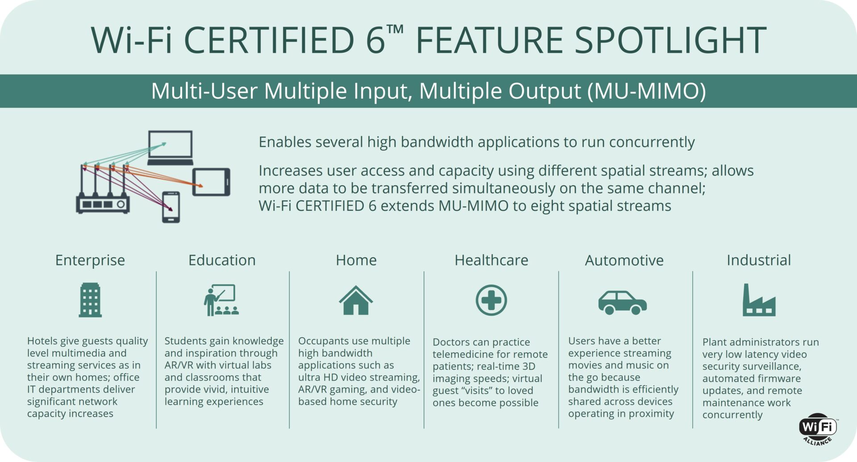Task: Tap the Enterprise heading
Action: coord(90,260)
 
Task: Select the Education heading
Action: coord(222,260)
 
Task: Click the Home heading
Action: coord(356,260)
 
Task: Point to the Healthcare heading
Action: coord(491,260)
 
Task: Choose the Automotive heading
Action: coord(624,260)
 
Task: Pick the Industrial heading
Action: coord(759,260)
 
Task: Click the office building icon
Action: coord(90,300)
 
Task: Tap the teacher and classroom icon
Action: coord(221,300)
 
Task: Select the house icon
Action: coord(356,300)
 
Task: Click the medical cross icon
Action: coord(491,300)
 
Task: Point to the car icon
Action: coord(623,302)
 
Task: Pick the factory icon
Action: coord(759,300)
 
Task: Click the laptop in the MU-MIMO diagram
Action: coord(171,148)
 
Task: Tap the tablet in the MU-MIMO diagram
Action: coord(212,182)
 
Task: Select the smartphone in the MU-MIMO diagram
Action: coord(171,207)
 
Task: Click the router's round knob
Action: coord(121,204)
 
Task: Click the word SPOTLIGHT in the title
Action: coord(670,40)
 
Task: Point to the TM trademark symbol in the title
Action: coord(395,30)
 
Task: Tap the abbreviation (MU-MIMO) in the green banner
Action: coord(646,91)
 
